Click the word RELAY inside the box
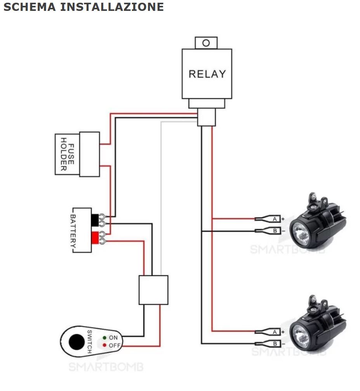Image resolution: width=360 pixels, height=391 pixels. tap(207, 74)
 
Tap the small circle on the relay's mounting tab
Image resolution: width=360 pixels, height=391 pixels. tap(206, 43)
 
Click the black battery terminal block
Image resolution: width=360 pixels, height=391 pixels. tap(95, 219)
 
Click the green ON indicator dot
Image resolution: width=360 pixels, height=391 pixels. tap(105, 338)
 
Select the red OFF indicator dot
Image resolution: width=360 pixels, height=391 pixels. tap(105, 345)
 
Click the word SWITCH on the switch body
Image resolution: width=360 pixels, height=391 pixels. tap(89, 342)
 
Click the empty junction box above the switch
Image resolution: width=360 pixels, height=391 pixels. tap(153, 290)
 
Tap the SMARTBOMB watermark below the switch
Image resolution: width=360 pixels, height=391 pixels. tap(106, 367)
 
